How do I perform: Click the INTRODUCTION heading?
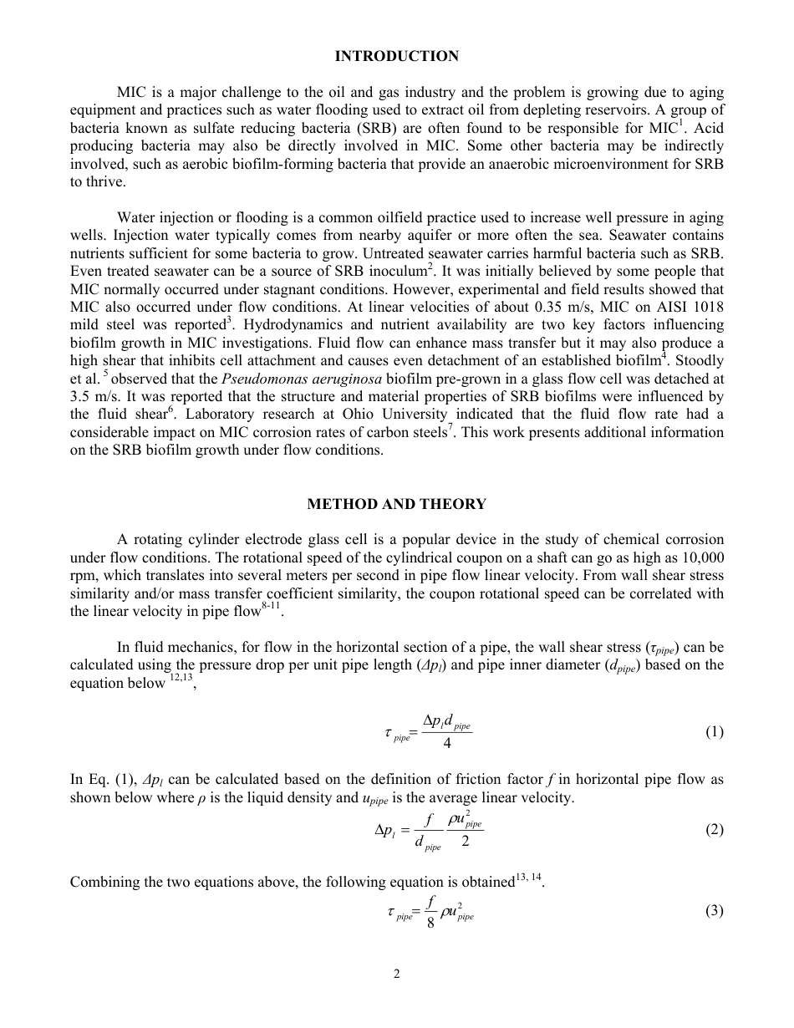pyautogui.click(x=396, y=56)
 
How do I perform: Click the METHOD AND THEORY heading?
pyautogui.click(x=396, y=504)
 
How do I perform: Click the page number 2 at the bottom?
pyautogui.click(x=397, y=974)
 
